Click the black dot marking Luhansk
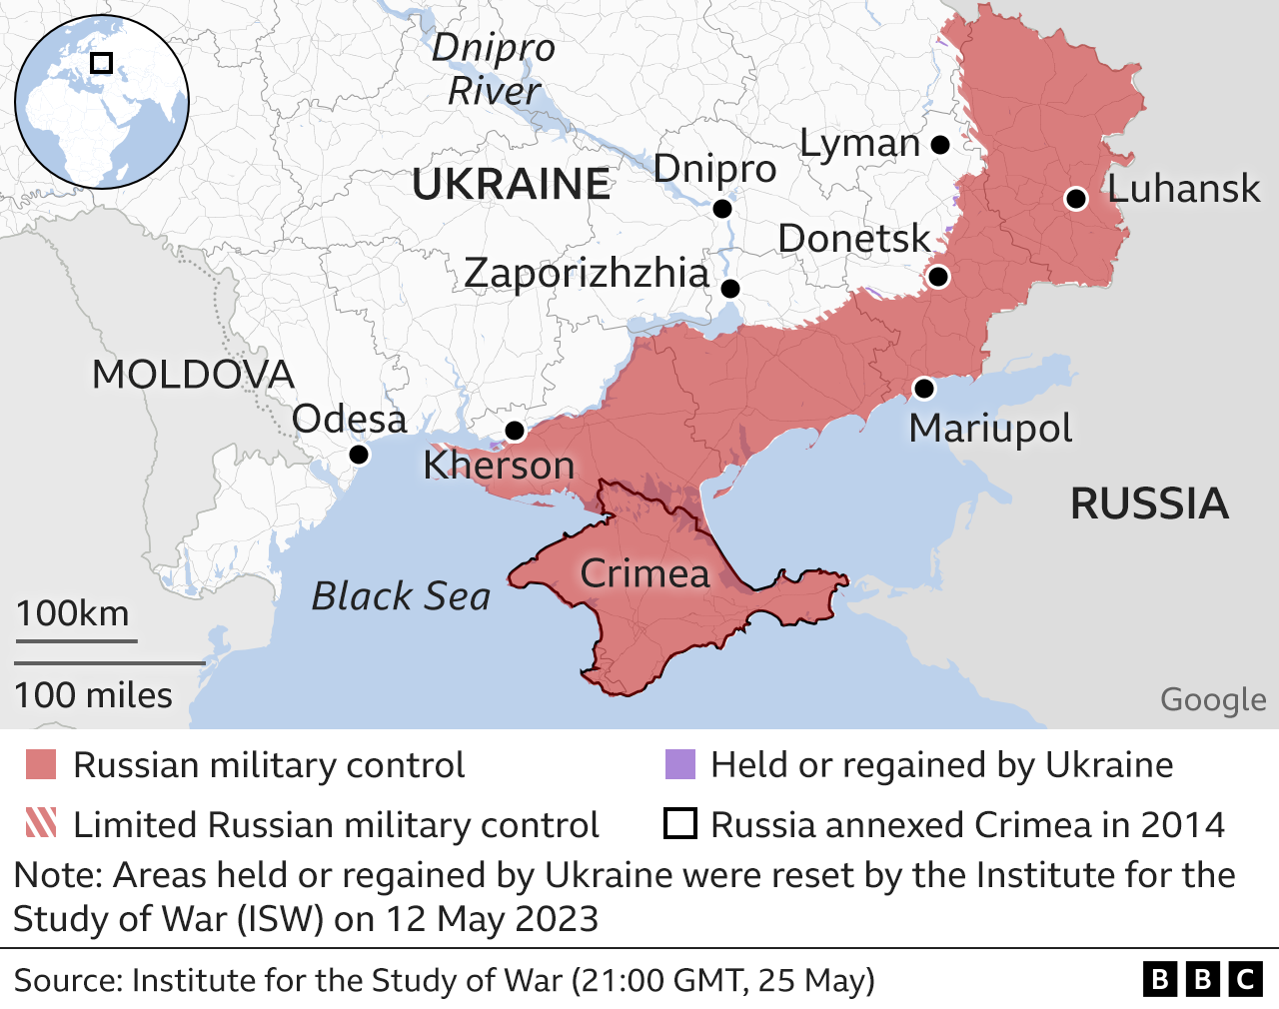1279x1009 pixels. pos(1075,199)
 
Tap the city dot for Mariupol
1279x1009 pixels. pos(923,389)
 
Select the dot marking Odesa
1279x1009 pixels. pos(359,456)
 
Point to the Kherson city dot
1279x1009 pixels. pos(515,432)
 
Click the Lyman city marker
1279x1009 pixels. pos(939,145)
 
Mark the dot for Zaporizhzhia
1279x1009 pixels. pos(730,289)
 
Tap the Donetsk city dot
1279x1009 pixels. pos(937,277)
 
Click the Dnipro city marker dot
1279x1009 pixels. pos(722,209)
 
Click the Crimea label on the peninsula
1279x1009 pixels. pos(644,573)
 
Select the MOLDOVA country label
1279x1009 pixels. pos(193,375)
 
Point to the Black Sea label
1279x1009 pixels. pos(401,596)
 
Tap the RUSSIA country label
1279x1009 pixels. pos(1149,504)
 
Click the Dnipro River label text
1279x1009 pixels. pos(494,69)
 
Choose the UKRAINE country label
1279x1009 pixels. pos(512,185)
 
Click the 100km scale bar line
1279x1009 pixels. pos(76,640)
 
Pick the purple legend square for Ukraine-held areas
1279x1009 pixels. pos(679,765)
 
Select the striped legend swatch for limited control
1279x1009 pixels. pos(41,824)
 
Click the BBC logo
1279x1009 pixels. pos(1202,979)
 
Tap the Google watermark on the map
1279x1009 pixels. pos(1212,700)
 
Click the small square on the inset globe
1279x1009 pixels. pos(101,63)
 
